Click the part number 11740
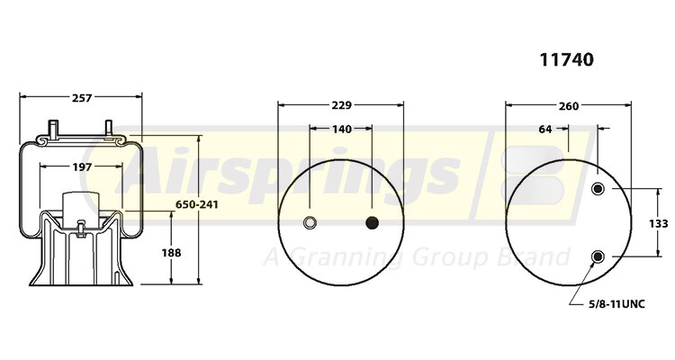pyautogui.click(x=566, y=60)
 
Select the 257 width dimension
pyautogui.click(x=82, y=98)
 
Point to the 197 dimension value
pyautogui.click(x=82, y=166)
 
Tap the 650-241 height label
pyautogui.click(x=197, y=204)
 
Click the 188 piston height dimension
pyautogui.click(x=171, y=253)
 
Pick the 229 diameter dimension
pyautogui.click(x=341, y=105)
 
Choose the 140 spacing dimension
pyautogui.click(x=342, y=130)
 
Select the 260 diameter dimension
pyautogui.click(x=569, y=106)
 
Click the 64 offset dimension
pyautogui.click(x=545, y=130)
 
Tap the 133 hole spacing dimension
pyautogui.click(x=659, y=223)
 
